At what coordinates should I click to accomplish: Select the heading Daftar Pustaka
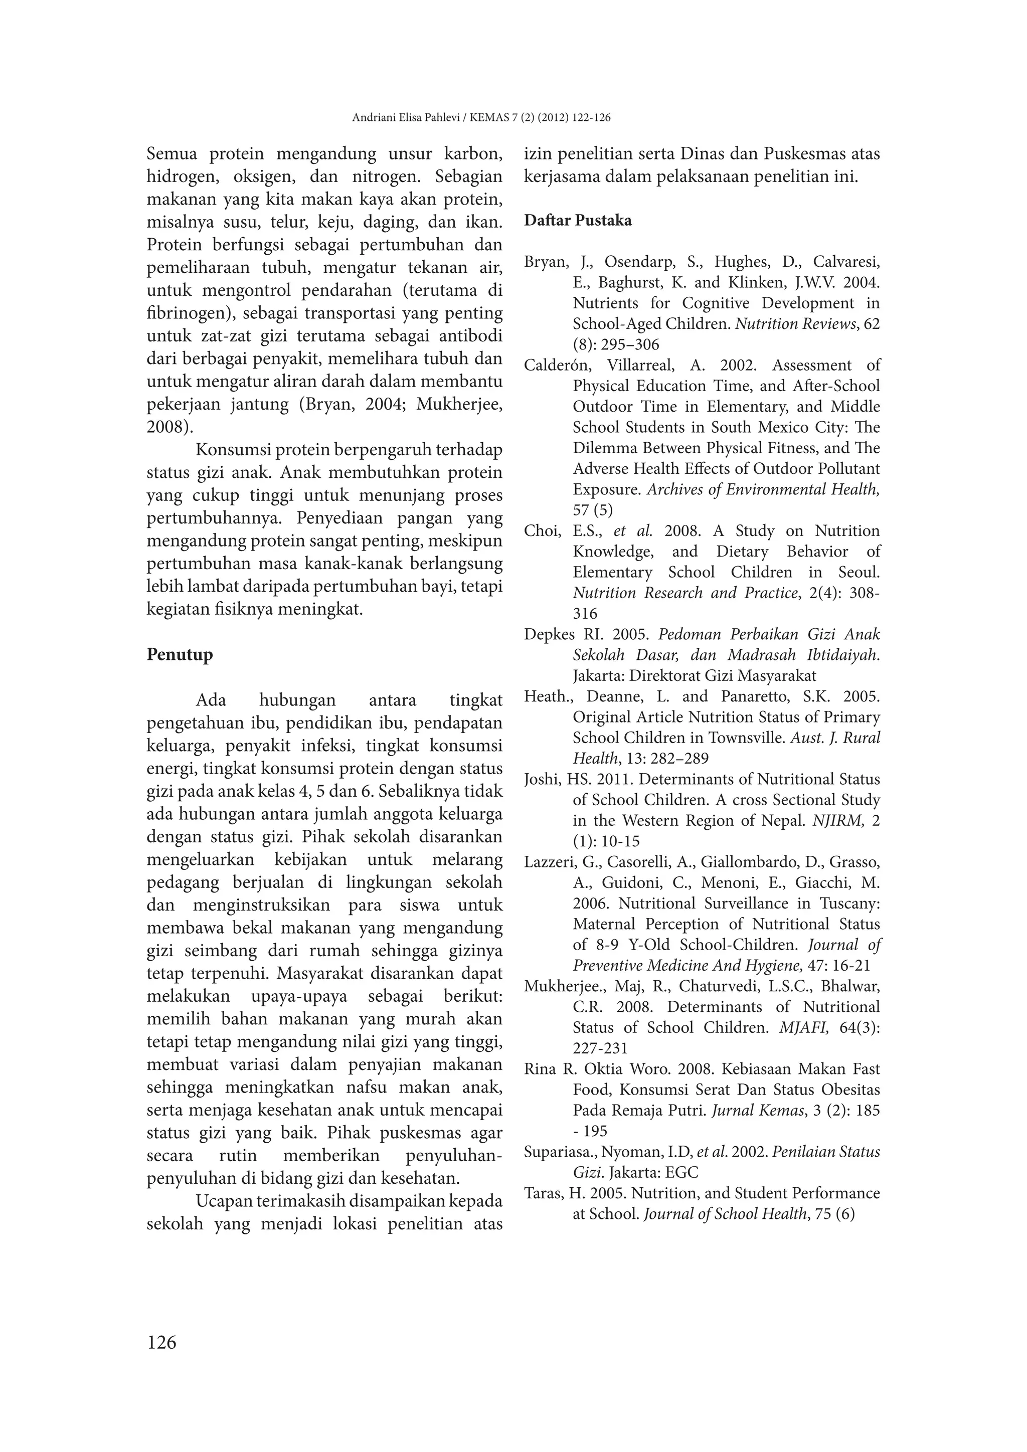click(x=577, y=221)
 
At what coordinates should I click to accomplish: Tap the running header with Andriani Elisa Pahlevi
click(x=480, y=118)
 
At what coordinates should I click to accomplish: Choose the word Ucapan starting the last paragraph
click(x=223, y=1201)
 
